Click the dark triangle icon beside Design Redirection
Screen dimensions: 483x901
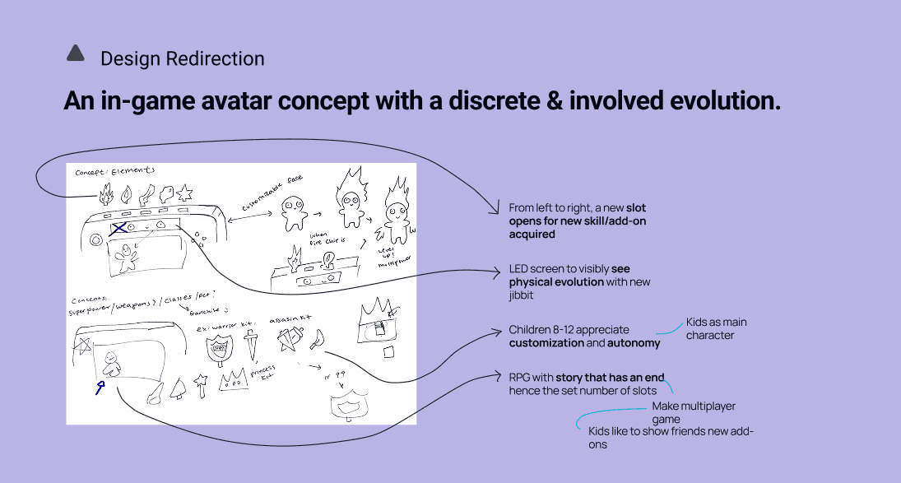click(x=76, y=54)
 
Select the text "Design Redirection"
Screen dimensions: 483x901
click(x=182, y=59)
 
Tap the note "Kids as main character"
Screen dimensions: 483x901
click(x=716, y=328)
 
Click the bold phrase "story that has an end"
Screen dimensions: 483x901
click(x=610, y=378)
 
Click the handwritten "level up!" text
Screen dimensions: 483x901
click(x=383, y=252)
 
